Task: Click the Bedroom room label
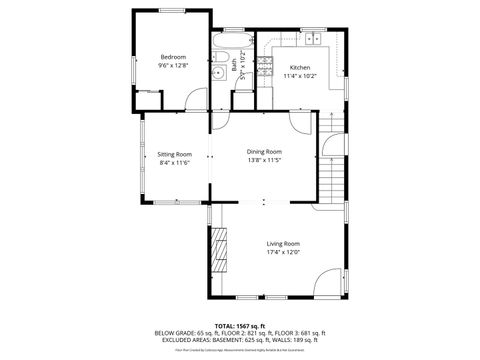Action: click(x=173, y=57)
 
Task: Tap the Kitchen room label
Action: click(x=300, y=66)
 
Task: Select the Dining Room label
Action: click(x=264, y=151)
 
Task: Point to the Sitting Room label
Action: click(x=174, y=154)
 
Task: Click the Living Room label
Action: click(x=283, y=243)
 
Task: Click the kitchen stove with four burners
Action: click(x=264, y=67)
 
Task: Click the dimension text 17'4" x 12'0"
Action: click(x=283, y=252)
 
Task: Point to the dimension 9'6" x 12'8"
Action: click(x=173, y=66)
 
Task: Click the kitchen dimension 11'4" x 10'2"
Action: click(x=300, y=75)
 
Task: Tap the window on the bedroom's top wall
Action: click(x=172, y=11)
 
